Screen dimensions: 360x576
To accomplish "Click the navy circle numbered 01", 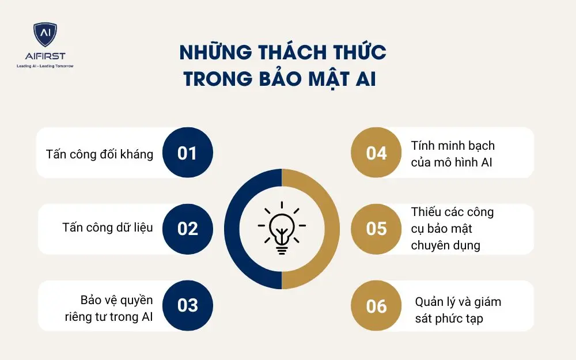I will (188, 153).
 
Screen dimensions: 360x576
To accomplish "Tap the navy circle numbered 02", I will (188, 229).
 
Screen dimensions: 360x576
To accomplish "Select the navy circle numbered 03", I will (188, 305).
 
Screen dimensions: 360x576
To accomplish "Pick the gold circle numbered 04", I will (376, 153).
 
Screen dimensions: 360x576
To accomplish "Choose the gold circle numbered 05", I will (376, 229).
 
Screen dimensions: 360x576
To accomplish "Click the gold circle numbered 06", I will (376, 305).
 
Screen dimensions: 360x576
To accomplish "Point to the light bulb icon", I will (282, 228).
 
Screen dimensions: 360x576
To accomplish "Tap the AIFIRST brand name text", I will (45, 56).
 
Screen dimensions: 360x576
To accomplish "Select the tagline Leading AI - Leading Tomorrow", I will (45, 66).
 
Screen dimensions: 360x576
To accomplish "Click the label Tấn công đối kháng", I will (100, 154).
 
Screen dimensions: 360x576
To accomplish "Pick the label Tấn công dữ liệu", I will (108, 228).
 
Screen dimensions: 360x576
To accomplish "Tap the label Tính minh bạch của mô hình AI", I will (453, 154).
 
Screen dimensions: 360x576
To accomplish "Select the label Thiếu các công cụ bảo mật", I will (453, 229).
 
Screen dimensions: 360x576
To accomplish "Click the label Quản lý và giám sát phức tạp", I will (458, 310).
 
